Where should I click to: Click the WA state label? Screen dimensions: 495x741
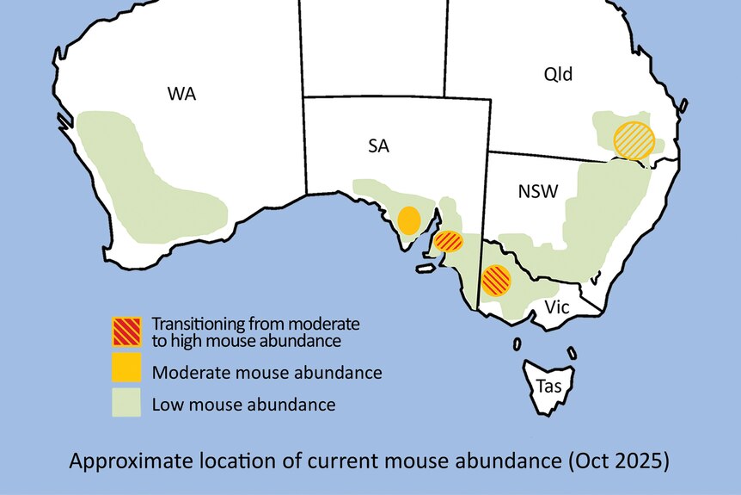pos(181,94)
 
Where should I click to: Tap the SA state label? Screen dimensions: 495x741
pos(378,146)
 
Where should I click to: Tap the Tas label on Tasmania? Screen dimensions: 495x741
pos(548,387)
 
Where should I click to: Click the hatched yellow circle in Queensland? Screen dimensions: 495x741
pos(634,140)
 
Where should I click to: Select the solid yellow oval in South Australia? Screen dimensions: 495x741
pos(409,220)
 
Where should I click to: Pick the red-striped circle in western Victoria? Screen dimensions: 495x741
pos(496,281)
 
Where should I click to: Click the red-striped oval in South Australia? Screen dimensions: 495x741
pos(448,242)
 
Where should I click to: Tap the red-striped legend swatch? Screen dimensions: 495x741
pos(126,332)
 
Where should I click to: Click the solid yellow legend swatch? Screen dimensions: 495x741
pos(126,369)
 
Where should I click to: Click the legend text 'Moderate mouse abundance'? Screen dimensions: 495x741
pos(266,374)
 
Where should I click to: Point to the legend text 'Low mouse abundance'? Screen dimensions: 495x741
pos(243,404)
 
